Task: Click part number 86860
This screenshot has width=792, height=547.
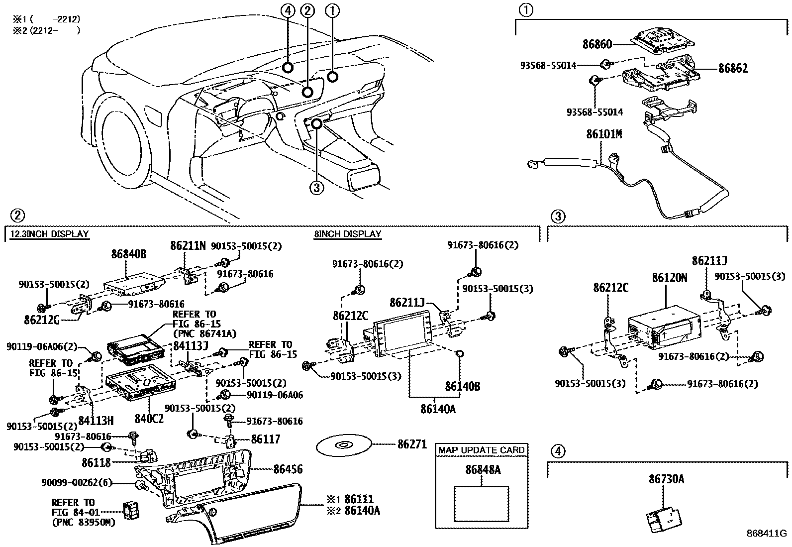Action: point(597,44)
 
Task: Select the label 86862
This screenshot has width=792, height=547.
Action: point(732,68)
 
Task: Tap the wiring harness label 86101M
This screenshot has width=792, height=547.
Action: point(603,134)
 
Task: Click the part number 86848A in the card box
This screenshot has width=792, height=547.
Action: point(483,469)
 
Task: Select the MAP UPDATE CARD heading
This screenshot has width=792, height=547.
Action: point(481,450)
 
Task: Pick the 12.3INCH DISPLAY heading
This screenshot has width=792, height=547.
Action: point(49,234)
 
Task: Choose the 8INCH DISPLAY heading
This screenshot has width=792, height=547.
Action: point(348,234)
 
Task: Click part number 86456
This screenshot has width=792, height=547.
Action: point(288,469)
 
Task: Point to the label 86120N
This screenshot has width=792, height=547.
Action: point(669,278)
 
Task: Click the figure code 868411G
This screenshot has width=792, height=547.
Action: point(766,533)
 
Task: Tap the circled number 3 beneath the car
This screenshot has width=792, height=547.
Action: point(316,187)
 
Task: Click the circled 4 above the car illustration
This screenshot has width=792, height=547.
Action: point(287,10)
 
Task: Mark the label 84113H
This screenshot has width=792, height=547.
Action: point(96,421)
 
